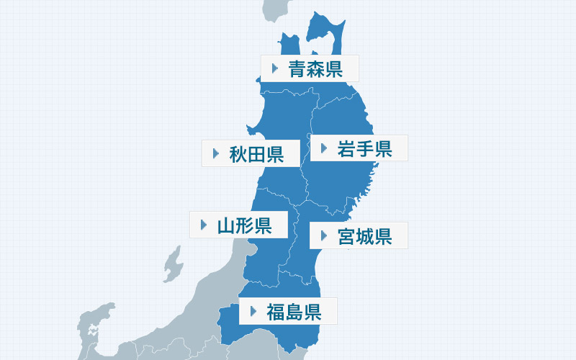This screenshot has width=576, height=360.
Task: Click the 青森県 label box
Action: coord(310,69)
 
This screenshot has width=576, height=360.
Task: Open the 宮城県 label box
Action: coord(359,235)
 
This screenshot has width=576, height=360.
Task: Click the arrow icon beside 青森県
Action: coord(274,69)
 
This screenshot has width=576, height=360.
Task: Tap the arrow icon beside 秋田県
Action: coord(215,153)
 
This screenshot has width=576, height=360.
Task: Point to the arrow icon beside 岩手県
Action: coord(324,149)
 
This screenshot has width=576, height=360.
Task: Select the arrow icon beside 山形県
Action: coord(202,225)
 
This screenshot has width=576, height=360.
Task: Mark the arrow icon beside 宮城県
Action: coord(323,235)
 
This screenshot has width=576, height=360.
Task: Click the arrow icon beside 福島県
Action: coord(253,312)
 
